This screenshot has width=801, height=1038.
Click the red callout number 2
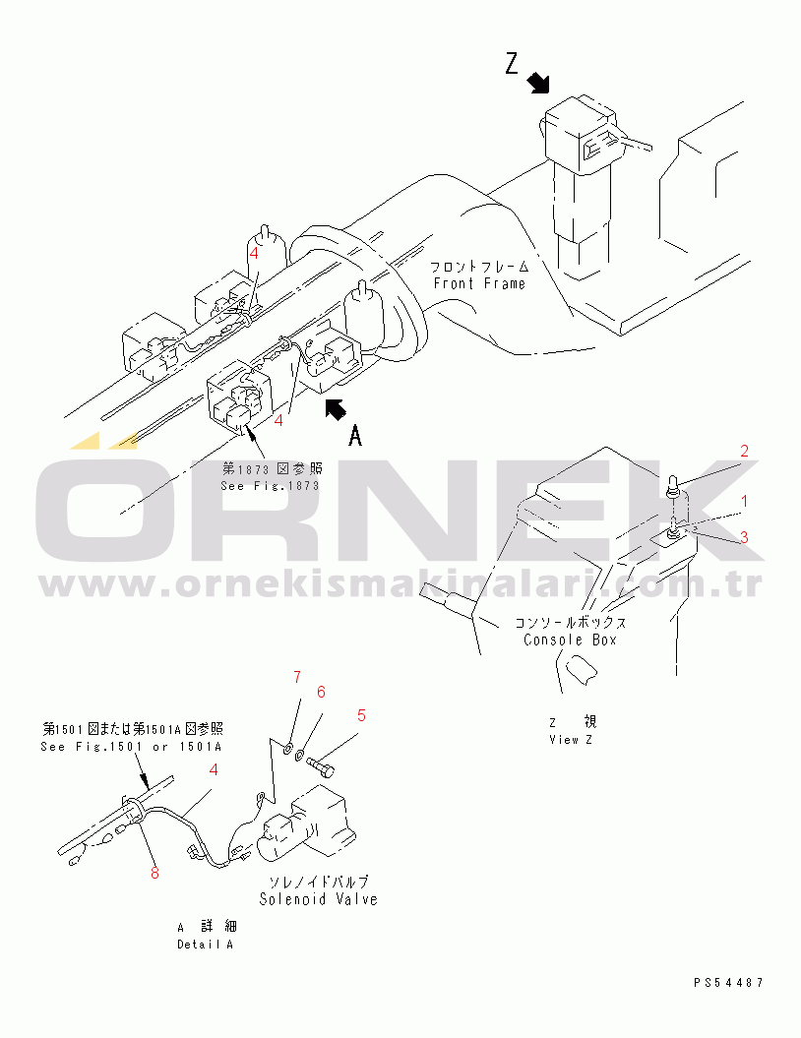pos(744,451)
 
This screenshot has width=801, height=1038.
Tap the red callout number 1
pos(745,501)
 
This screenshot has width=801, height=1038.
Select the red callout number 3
pos(744,537)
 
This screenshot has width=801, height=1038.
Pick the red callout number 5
pos(361,715)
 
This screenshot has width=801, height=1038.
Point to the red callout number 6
pos(321,692)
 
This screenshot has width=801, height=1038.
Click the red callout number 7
pos(297,677)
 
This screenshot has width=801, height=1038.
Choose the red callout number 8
pos(154,873)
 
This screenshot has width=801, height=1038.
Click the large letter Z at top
pos(512,64)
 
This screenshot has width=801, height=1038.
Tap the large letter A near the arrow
pos(355,436)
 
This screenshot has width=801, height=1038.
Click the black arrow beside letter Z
pos(539,84)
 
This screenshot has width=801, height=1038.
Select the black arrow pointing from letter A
pos(336,409)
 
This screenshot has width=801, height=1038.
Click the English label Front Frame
pos(479,283)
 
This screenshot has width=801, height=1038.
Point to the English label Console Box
pos(570,641)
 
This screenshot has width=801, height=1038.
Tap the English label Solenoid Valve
pos(319,899)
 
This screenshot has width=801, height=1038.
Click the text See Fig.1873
pos(270,485)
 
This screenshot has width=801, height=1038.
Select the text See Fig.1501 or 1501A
pos(131,747)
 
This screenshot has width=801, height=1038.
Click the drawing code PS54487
pos(729,983)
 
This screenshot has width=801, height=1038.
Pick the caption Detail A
pos(206,945)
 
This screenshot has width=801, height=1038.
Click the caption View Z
pos(571,740)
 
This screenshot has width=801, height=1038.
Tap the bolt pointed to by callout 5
pos(321,767)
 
